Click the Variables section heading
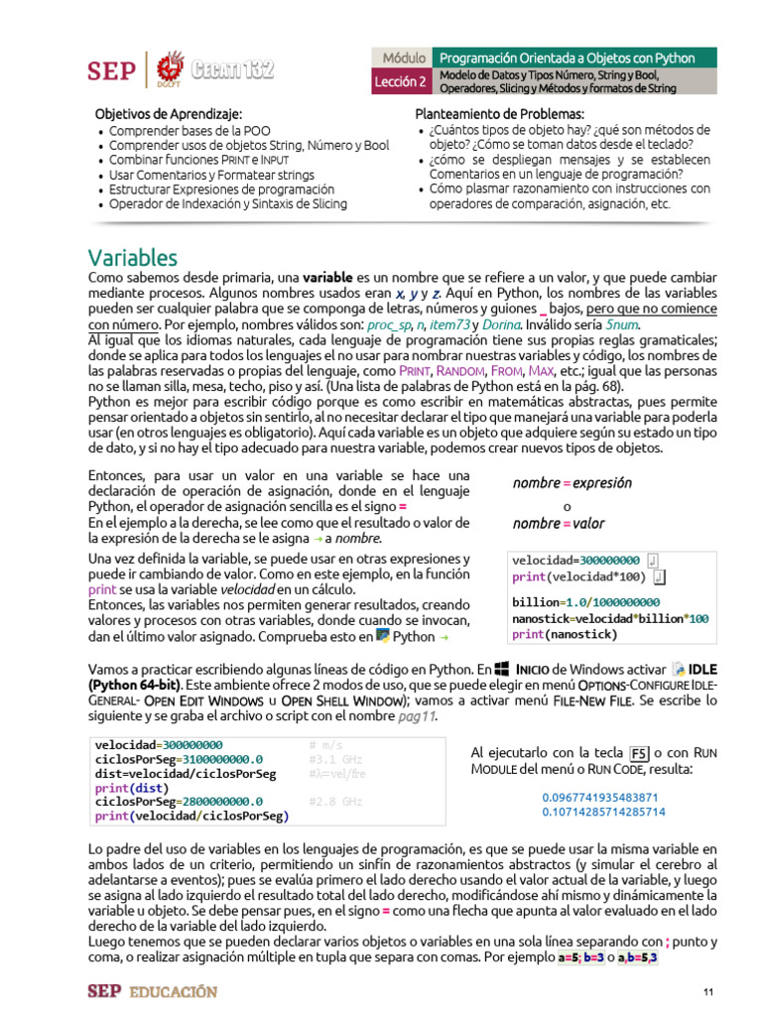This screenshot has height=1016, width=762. (x=132, y=258)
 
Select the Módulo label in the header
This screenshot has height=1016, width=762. (x=403, y=59)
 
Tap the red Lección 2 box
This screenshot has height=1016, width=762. (x=401, y=81)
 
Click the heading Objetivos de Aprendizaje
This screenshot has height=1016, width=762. (x=168, y=114)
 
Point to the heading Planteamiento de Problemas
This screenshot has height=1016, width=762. (x=499, y=114)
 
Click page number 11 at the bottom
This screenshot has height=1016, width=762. (x=708, y=992)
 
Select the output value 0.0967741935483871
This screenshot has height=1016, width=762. (x=600, y=797)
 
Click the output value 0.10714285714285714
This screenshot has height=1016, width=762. (x=603, y=812)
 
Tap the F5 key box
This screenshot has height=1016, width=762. (x=640, y=751)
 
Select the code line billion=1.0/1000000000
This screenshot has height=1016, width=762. (x=585, y=602)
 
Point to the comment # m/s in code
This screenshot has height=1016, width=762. (x=325, y=745)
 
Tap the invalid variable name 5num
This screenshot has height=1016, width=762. (x=623, y=324)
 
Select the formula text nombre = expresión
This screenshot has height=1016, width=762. (x=572, y=483)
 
